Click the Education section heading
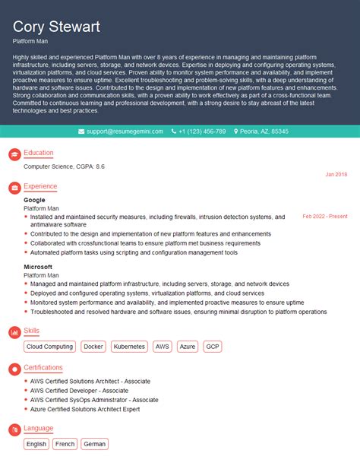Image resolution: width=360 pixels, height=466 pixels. [x=38, y=153]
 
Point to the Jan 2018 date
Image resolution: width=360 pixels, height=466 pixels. [x=336, y=174]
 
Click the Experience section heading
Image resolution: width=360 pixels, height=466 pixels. [x=39, y=185]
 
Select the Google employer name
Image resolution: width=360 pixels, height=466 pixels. [x=34, y=200]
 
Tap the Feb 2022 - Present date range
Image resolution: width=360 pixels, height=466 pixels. [x=324, y=216]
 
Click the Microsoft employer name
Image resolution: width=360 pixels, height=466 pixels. [x=38, y=267]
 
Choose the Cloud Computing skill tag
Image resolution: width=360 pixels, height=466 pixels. [x=49, y=346]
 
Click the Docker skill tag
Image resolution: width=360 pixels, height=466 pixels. [x=93, y=346]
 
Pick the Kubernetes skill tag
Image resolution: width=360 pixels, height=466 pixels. [x=128, y=346]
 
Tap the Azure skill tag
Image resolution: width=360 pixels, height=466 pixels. [x=188, y=346]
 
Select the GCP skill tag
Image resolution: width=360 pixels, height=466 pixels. [x=213, y=346]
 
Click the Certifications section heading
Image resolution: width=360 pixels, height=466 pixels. [x=43, y=367]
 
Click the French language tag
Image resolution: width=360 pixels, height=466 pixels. [x=65, y=443]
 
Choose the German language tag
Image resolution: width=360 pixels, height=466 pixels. [x=94, y=443]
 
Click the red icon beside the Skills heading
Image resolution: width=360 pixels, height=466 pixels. [x=14, y=331]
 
